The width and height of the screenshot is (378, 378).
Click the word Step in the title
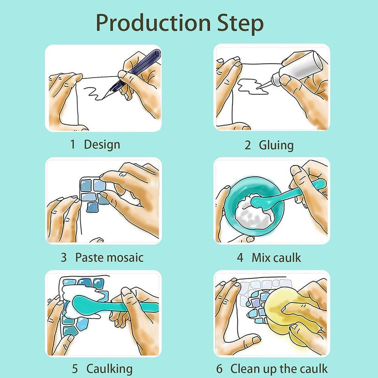click(x=240, y=24)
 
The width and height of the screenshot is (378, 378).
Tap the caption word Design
click(x=102, y=145)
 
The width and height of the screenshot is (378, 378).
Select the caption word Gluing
click(x=276, y=146)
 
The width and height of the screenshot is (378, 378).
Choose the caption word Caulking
click(x=110, y=369)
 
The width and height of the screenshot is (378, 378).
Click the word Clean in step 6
click(x=245, y=368)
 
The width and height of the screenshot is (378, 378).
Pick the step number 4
click(x=240, y=257)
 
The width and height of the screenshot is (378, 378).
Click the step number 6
click(x=219, y=369)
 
